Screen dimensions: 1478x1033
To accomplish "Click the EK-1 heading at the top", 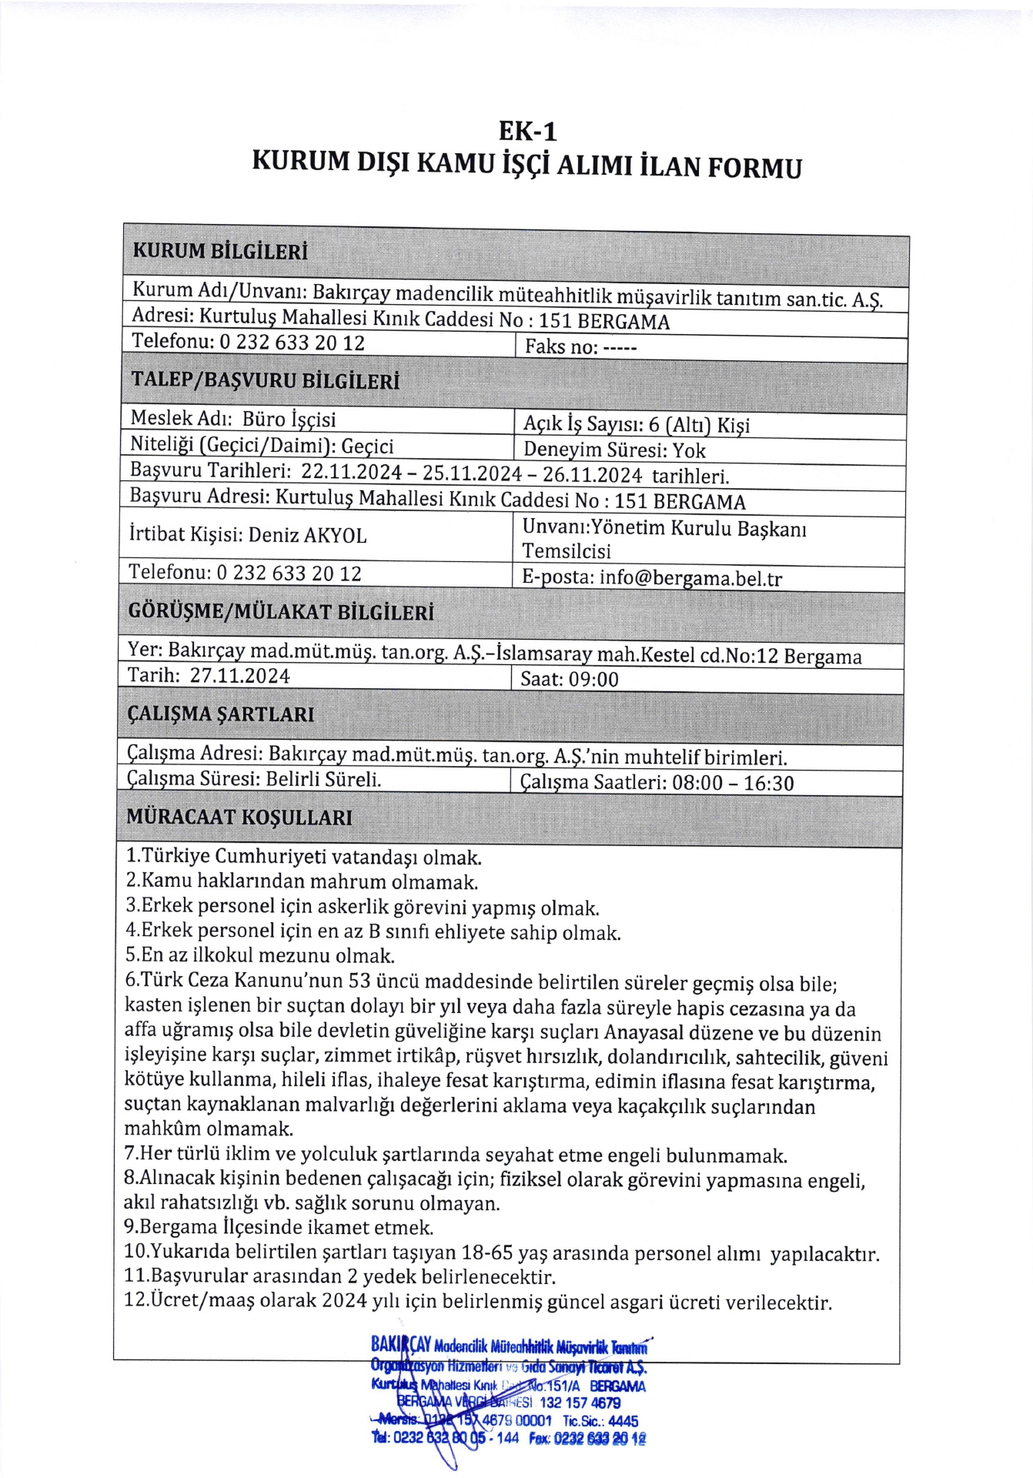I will click(527, 131).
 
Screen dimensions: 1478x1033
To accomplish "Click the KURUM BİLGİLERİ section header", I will click(220, 252).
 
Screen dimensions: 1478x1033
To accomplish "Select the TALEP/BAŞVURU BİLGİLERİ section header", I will click(266, 380).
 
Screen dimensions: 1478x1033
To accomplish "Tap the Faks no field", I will click(580, 347).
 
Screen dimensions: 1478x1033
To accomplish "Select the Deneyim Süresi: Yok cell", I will click(614, 450).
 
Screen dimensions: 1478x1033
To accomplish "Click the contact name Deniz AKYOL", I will click(307, 535).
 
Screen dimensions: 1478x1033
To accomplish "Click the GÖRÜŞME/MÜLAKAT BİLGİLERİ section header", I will click(280, 612).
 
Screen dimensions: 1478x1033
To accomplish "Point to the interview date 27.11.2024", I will click(240, 677).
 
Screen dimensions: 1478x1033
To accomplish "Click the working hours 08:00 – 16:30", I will click(733, 784).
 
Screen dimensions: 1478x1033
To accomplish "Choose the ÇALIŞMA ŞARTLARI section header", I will click(220, 714).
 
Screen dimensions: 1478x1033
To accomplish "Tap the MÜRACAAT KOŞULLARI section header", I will click(239, 817).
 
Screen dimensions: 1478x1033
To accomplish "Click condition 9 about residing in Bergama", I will click(279, 1227).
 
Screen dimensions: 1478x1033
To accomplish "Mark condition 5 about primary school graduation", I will click(259, 956).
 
